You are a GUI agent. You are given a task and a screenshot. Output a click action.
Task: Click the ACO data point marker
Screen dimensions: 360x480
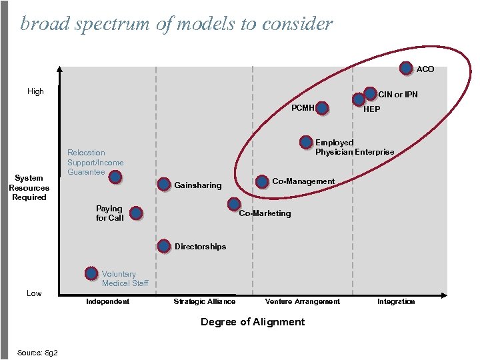406,68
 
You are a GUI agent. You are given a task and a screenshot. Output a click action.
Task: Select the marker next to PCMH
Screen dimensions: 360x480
323,108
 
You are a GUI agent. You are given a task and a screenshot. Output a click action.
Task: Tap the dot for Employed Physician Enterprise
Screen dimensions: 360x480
306,142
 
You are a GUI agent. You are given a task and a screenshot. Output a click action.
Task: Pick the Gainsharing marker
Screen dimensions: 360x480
164,183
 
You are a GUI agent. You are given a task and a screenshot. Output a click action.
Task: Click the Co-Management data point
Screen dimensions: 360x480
263,181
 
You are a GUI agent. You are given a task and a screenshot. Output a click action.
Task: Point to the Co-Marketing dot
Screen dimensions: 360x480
233,204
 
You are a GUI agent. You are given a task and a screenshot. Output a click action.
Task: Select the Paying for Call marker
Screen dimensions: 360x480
136,213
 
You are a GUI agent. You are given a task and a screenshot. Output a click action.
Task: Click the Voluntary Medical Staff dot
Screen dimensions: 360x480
92,273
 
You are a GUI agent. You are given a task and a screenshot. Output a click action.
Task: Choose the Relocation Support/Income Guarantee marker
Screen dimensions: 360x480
115,177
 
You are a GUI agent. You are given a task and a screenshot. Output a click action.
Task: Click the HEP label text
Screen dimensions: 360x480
372,109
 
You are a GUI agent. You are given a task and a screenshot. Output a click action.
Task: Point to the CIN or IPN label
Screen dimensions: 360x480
398,95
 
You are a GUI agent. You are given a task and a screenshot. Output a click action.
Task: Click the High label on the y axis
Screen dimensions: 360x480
35,91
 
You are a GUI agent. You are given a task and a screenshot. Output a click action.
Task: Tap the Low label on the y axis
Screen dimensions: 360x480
34,293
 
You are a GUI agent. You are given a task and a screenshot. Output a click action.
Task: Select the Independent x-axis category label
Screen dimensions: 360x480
108,302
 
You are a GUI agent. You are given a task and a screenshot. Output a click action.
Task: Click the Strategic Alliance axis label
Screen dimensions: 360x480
204,302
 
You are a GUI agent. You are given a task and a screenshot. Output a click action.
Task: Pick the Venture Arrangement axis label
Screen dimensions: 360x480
302,302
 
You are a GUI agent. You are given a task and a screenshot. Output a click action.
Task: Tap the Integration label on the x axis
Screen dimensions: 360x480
396,302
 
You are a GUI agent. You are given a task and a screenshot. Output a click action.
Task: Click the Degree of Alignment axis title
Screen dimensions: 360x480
253,322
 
